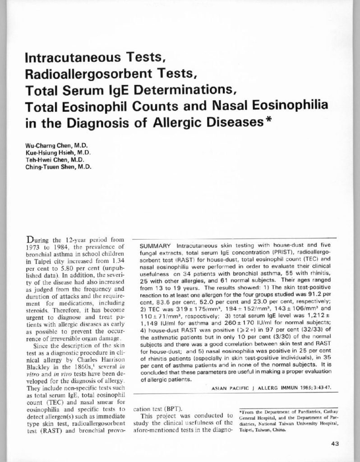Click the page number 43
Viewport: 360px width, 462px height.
pos(335,443)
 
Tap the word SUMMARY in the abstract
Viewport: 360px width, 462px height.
pos(152,246)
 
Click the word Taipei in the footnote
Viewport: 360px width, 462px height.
pos(246,430)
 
